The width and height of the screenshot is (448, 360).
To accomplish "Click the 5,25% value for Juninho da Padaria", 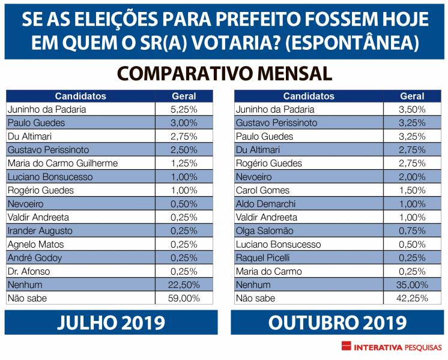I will (184, 109).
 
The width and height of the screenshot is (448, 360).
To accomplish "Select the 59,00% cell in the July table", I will (184, 298).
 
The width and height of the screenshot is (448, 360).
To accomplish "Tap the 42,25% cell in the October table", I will (412, 298).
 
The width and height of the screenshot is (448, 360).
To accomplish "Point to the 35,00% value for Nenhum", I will (412, 285).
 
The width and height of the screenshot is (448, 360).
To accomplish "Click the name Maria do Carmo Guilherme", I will (62, 163).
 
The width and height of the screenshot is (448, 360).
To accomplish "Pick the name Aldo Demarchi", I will (265, 204).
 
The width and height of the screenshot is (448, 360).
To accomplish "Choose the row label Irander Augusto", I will (40, 231).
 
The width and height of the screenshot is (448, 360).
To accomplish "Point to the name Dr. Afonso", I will (29, 271).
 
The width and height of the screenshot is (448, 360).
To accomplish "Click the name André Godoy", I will (35, 258).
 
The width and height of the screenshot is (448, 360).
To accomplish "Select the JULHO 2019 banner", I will (111, 323).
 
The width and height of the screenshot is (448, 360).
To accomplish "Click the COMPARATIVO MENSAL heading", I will (224, 73).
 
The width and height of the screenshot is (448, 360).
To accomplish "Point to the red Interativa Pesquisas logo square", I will (346, 347).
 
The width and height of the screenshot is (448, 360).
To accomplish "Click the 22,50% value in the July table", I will (184, 285).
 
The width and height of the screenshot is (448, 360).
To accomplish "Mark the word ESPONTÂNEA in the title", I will (362, 43).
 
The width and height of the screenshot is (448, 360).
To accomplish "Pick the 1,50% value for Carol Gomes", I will (412, 190).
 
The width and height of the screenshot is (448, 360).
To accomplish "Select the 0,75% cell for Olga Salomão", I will (412, 231).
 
